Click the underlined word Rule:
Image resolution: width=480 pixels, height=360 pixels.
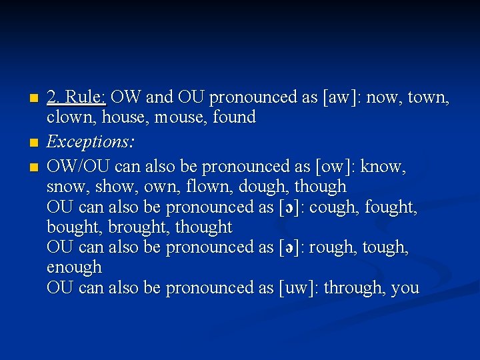[x=85, y=97]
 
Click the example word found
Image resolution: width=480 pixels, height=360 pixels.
[x=234, y=118]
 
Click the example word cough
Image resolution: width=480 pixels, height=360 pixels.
[x=338, y=208]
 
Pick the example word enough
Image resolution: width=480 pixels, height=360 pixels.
[x=74, y=268]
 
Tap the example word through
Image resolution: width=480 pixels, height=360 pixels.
[x=357, y=288]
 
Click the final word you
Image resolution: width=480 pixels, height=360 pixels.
[x=405, y=289]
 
